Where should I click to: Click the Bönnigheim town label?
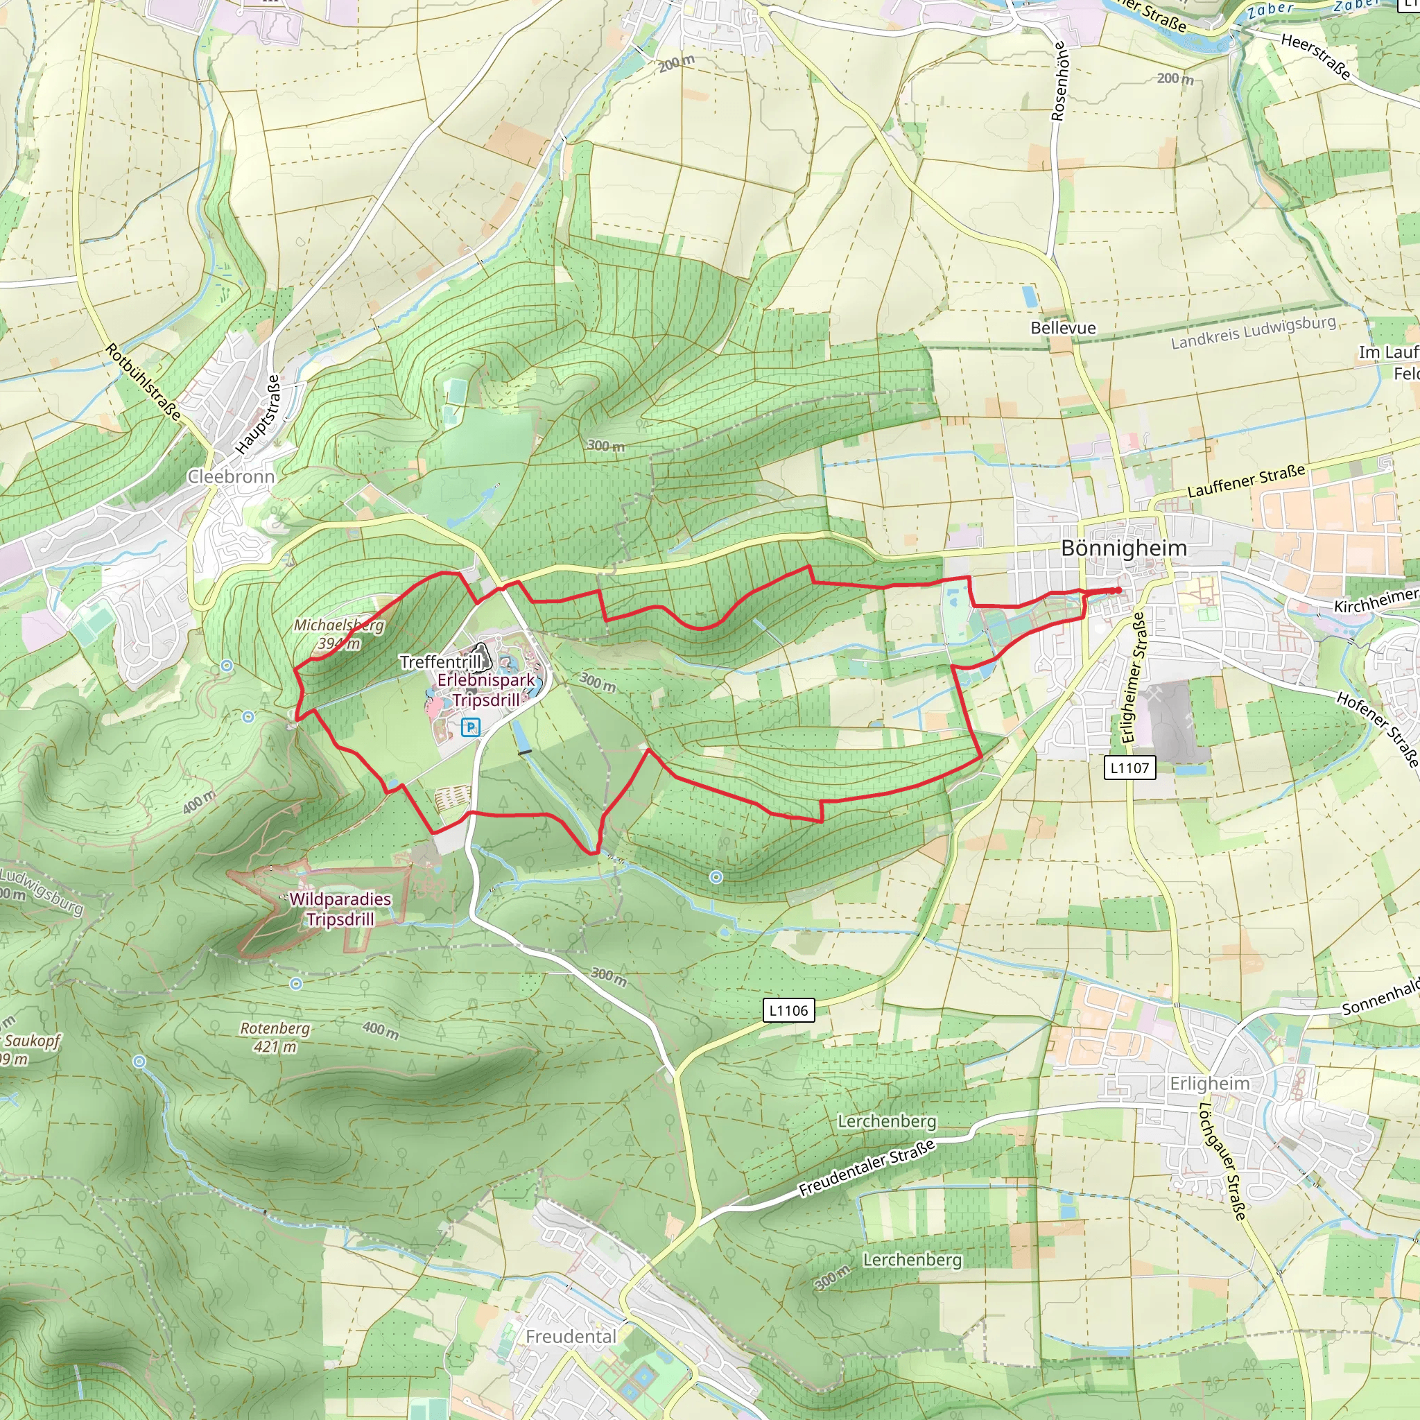coord(1124,548)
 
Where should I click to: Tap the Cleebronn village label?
coord(231,476)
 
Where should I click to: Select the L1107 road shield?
coord(1129,768)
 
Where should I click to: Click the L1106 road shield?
coord(788,1011)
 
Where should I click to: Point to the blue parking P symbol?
coord(470,727)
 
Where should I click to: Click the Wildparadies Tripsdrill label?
coord(340,909)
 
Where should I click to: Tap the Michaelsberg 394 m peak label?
coord(339,634)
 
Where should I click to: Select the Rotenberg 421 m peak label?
coord(275,1037)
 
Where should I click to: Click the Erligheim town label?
coord(1209,1084)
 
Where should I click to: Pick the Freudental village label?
coord(571,1336)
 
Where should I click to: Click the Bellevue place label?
coord(1063,328)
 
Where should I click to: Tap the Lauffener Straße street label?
coord(1247,480)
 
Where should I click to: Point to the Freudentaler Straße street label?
coord(867,1167)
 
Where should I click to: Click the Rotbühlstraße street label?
coord(144,381)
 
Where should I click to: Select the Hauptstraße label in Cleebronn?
coord(258,415)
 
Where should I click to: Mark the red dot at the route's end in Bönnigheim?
coord(1118,590)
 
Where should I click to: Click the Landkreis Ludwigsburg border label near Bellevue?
coord(1253,332)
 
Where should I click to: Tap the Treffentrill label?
coord(440,661)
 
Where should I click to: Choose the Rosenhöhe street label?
coord(1058,81)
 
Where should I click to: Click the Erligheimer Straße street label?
coord(1134,677)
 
